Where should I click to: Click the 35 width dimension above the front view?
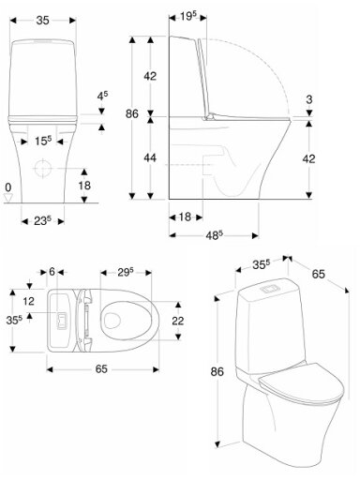tap(43, 21)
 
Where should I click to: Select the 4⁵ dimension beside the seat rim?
tap(102, 96)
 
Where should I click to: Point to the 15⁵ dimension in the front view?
tap(43, 141)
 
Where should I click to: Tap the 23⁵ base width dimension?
tap(42, 221)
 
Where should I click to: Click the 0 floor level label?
tap(8, 187)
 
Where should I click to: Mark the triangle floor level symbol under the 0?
tap(7, 198)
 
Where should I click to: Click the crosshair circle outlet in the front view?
tap(42, 168)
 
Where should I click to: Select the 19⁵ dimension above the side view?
tap(187, 16)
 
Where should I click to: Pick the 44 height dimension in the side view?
tap(150, 157)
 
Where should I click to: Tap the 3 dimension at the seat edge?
tap(309, 99)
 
